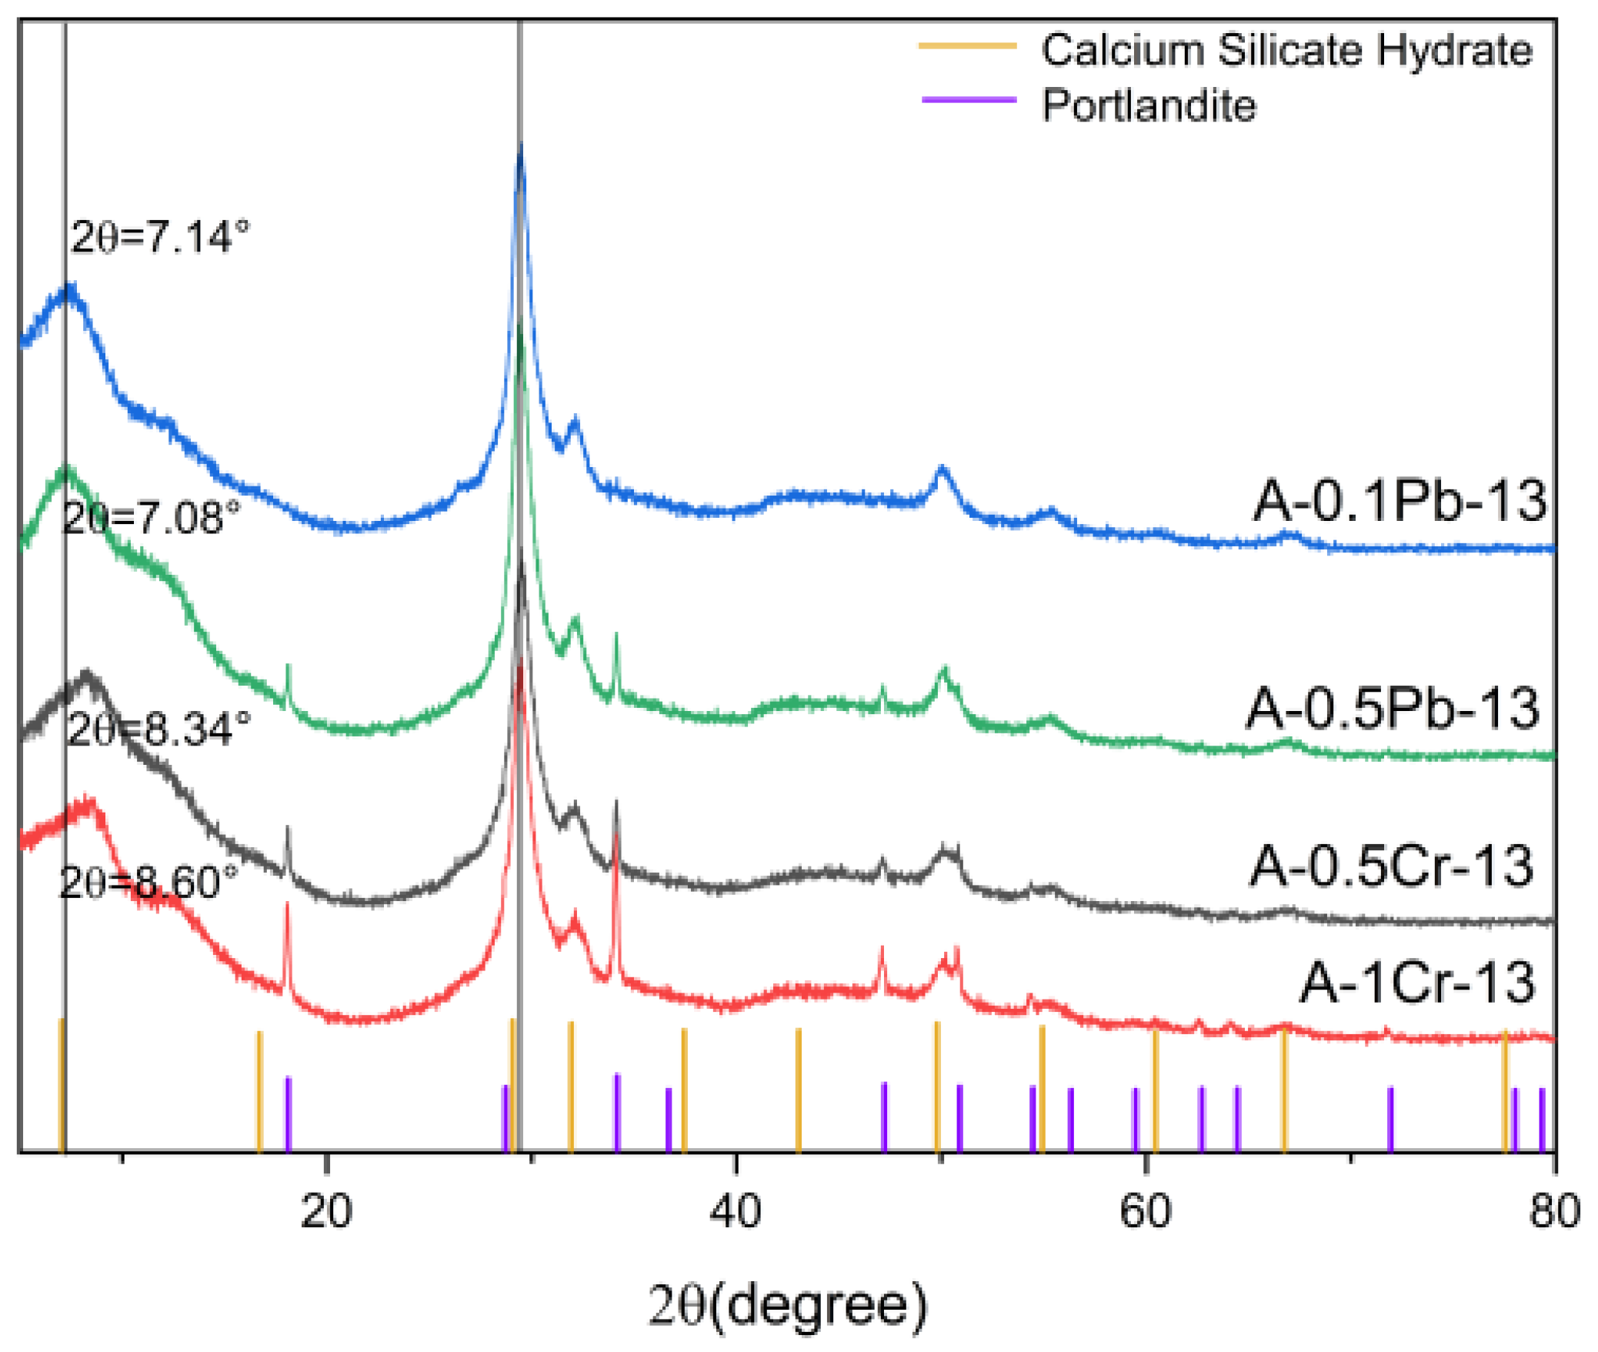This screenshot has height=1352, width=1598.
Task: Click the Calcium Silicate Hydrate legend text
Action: pyautogui.click(x=1286, y=51)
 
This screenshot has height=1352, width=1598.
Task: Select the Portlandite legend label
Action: pyautogui.click(x=1149, y=105)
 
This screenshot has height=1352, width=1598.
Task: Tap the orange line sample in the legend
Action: pyautogui.click(x=968, y=46)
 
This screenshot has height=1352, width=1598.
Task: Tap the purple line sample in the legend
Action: pyautogui.click(x=969, y=100)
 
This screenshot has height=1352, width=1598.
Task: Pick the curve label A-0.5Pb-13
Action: pyautogui.click(x=1393, y=709)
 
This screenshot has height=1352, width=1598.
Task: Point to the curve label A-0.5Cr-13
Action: pyautogui.click(x=1391, y=867)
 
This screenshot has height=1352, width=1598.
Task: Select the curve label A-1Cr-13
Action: pyautogui.click(x=1418, y=983)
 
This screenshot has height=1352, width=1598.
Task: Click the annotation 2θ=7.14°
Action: pyautogui.click(x=161, y=237)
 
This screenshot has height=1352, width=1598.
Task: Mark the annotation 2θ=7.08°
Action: pyautogui.click(x=152, y=518)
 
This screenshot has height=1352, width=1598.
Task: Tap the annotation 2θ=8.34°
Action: pyautogui.click(x=159, y=729)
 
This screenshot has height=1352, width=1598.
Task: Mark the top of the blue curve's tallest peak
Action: pyautogui.click(x=521, y=148)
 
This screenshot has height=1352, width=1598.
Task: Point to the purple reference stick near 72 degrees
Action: pyautogui.click(x=1390, y=1118)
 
